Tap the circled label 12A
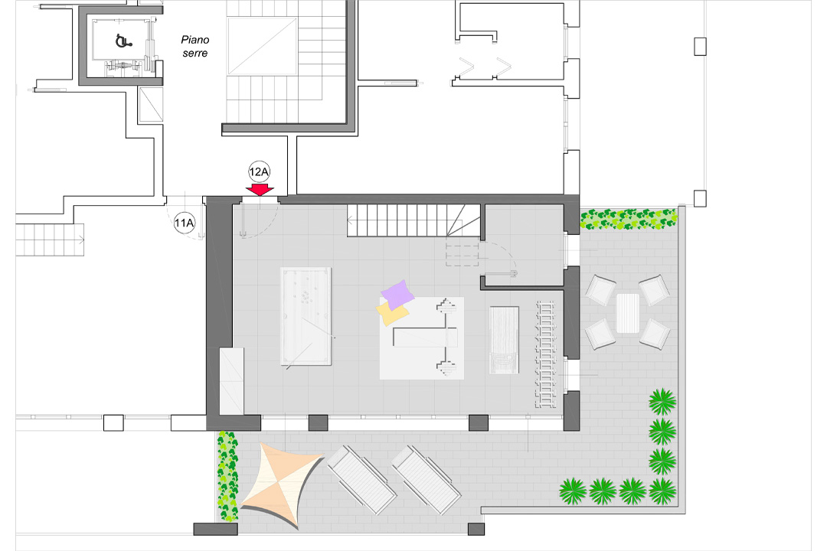click(260, 171)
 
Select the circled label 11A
click(185, 223)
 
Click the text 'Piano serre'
click(194, 46)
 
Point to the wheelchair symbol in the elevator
click(121, 41)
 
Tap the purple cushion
click(398, 292)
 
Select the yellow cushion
click(391, 312)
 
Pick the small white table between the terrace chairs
click(627, 313)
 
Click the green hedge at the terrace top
click(629, 220)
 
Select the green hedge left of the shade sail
click(227, 475)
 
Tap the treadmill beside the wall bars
click(505, 341)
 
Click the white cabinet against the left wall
click(231, 380)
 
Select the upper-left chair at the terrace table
click(601, 290)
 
